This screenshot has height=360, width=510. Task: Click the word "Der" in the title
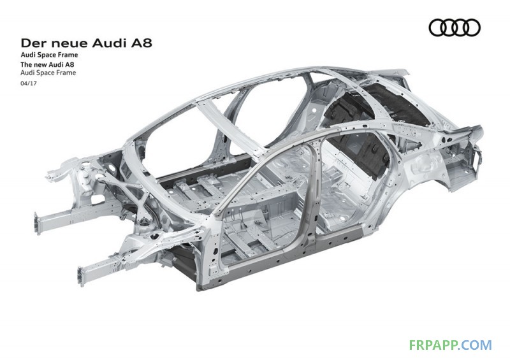tap(33, 43)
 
